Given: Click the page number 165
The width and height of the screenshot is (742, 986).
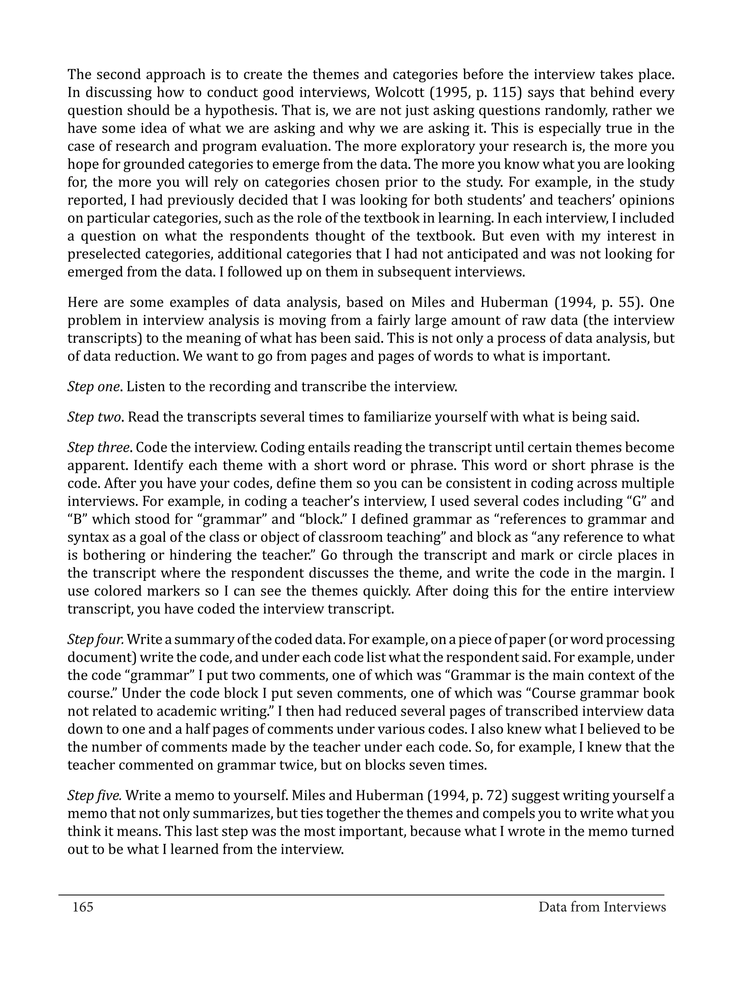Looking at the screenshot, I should point(83,907).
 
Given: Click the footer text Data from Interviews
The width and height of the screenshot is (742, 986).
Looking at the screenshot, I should point(602,907).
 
